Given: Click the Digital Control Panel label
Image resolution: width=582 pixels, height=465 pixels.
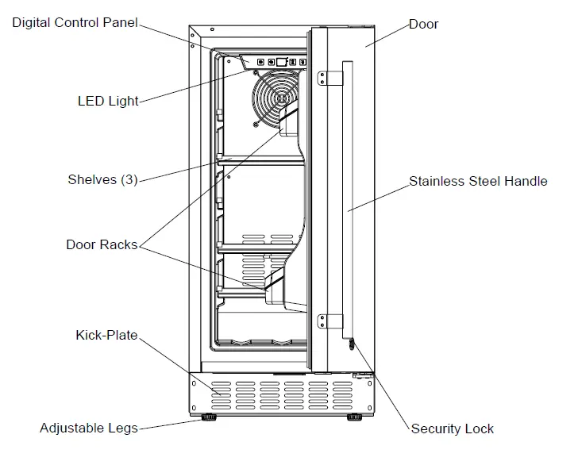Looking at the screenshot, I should (75, 22).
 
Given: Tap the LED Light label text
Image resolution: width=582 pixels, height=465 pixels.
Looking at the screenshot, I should (108, 102).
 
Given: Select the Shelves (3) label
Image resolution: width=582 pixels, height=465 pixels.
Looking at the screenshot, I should (102, 180).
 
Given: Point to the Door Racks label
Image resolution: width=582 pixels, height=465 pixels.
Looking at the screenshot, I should (102, 244).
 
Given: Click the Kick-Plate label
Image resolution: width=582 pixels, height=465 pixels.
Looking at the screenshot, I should (106, 336).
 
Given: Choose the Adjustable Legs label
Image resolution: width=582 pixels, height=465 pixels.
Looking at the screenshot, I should (88, 428).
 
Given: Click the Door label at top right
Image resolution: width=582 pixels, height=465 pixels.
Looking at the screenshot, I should (423, 24).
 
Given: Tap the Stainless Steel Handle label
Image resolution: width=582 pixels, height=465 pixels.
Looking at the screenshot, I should (478, 181).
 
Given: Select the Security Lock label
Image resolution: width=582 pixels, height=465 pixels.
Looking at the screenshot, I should (452, 428).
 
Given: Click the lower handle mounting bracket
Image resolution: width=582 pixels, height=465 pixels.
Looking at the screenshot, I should (322, 321).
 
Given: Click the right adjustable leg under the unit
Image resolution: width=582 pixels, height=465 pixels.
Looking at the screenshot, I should (353, 416).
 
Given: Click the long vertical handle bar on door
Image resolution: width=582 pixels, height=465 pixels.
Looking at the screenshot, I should (347, 198).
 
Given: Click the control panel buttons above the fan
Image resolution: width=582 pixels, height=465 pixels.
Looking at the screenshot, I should (276, 62).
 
